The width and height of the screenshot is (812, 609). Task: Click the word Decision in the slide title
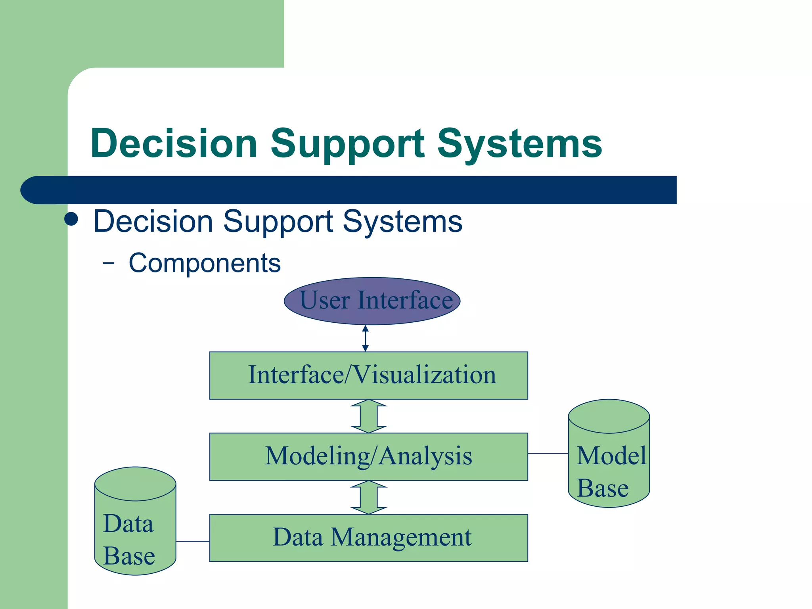(x=174, y=144)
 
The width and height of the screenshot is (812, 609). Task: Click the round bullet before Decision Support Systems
(x=71, y=219)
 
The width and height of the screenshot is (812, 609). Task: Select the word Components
(x=205, y=263)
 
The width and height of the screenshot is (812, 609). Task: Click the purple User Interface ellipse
(x=372, y=301)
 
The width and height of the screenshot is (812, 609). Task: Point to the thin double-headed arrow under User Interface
(x=366, y=338)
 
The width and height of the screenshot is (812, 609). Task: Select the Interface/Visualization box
(x=368, y=375)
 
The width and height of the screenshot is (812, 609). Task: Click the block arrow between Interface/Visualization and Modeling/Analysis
(x=369, y=416)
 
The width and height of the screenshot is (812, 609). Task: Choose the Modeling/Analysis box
(x=368, y=456)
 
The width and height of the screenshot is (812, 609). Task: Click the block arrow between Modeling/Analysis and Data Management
(x=369, y=497)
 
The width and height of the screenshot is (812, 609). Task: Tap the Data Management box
(x=368, y=538)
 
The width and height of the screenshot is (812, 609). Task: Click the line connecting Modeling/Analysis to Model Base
(x=548, y=453)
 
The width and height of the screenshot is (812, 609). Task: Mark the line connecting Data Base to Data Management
(x=193, y=541)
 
